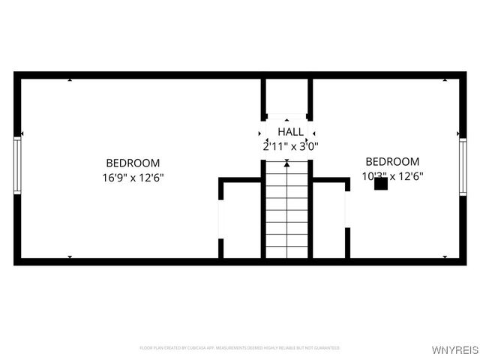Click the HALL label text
pyautogui.click(x=290, y=132)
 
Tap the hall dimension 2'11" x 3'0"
pyautogui.click(x=290, y=147)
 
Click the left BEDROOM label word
pyautogui.click(x=133, y=163)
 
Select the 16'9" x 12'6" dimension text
pyautogui.click(x=133, y=178)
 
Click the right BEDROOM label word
pyautogui.click(x=392, y=161)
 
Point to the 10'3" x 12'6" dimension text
pyautogui.click(x=392, y=177)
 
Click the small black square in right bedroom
pyautogui.click(x=380, y=182)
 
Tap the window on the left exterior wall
pyautogui.click(x=18, y=165)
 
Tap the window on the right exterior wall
pyautogui.click(x=463, y=167)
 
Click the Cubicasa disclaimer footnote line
pyautogui.click(x=239, y=348)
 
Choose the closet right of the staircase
pyautogui.click(x=330, y=220)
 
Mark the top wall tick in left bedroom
pyautogui.click(x=70, y=79)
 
